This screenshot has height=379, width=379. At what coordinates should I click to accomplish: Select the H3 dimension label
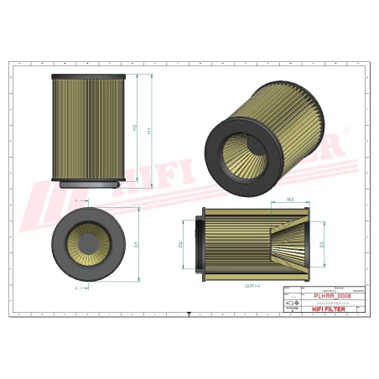pos(289,200)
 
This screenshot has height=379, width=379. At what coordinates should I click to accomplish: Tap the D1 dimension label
pos(136,244)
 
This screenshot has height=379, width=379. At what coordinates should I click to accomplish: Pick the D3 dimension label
pos(321,245)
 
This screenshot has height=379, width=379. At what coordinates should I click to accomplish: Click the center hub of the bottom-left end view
pos(88,244)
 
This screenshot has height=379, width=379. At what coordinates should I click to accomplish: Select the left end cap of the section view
pos(200,244)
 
